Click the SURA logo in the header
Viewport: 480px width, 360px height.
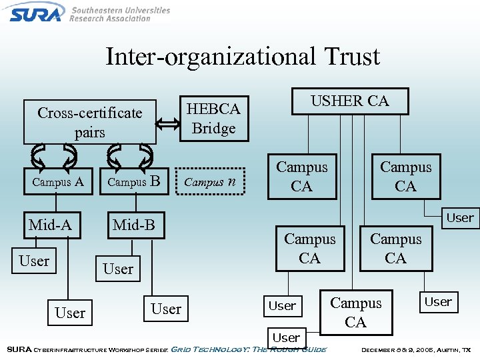36,12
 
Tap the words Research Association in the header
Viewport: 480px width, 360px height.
110,19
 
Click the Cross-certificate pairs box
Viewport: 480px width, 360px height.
90,122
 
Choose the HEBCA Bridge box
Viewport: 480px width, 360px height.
214,118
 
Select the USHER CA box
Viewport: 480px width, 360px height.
350,101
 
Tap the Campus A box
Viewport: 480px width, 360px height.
58,181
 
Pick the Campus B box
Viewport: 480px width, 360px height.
133,181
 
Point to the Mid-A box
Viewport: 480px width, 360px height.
50,225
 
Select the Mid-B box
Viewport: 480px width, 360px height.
134,225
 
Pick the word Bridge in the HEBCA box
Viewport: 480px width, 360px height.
214,128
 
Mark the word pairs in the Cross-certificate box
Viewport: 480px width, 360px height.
90,132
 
